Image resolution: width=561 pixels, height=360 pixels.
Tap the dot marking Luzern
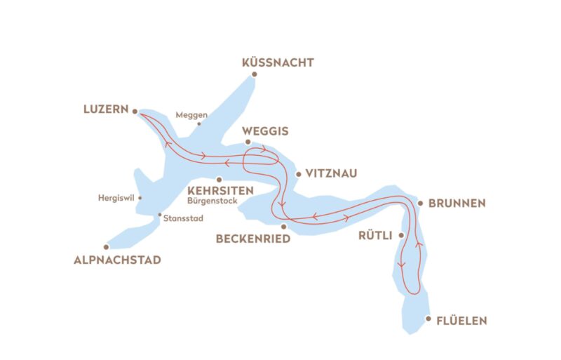click(135, 110)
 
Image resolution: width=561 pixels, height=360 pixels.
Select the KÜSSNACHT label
click(277, 62)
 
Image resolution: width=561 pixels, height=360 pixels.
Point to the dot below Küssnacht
click(255, 74)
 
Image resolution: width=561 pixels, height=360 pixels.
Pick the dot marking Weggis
click(248, 142)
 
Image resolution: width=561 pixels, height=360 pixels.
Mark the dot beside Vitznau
click(299, 173)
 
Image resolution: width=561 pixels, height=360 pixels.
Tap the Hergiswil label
click(116, 197)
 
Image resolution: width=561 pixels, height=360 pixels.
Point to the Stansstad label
click(183, 218)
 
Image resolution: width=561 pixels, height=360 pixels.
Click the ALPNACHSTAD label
click(117, 260)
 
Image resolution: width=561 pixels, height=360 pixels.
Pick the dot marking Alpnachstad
click(107, 246)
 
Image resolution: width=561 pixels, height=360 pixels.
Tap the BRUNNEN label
click(457, 204)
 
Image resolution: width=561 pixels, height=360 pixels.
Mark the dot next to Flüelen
click(428, 319)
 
